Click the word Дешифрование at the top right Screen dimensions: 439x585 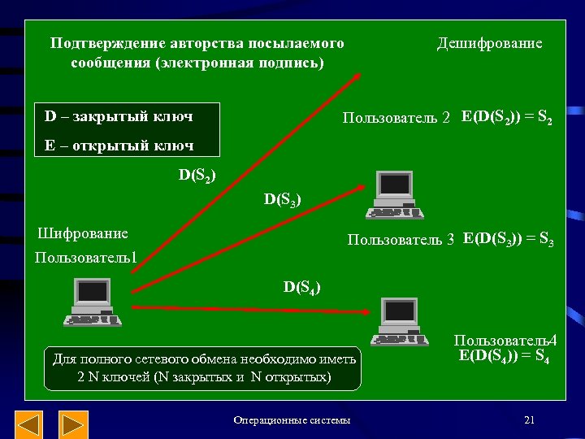click(x=489, y=43)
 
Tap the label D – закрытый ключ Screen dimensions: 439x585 click(x=119, y=116)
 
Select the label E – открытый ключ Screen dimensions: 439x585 click(x=119, y=146)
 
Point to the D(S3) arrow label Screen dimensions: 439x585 click(x=283, y=198)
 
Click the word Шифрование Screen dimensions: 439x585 click(x=83, y=233)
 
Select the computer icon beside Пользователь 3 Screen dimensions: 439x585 click(x=394, y=196)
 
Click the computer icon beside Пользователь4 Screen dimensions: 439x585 click(x=400, y=321)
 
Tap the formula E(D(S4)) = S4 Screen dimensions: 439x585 click(x=505, y=355)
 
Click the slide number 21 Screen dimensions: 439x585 click(x=529, y=419)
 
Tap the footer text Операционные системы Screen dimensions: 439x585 click(x=292, y=420)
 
